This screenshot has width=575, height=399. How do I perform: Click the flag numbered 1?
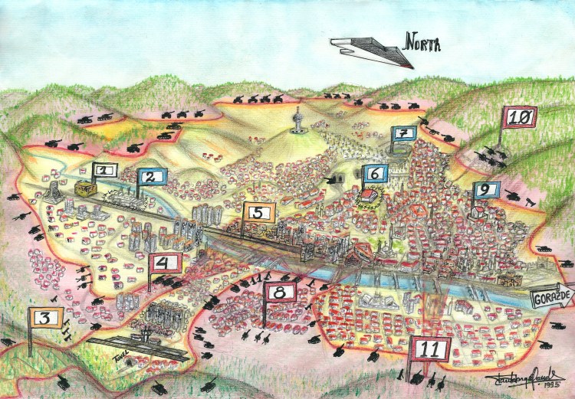pyautogui.click(x=105, y=170)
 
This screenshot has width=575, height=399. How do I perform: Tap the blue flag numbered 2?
pyautogui.click(x=153, y=178)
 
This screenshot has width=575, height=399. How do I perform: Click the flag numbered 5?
pyautogui.click(x=258, y=213)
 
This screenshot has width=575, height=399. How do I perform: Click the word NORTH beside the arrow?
pyautogui.click(x=422, y=44)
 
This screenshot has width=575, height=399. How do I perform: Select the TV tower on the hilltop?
pyautogui.click(x=297, y=120)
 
